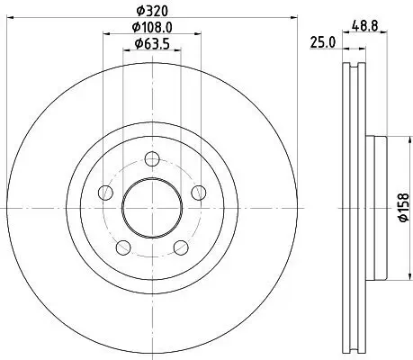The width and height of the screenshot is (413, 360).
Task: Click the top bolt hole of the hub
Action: coord(152,160)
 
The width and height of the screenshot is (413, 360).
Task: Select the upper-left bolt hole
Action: coord(107,193)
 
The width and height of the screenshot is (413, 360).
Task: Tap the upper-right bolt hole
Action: coord(197,193)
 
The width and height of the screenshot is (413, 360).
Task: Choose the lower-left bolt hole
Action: coord(124,246)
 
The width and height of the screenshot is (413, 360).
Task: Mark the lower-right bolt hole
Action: coord(180,246)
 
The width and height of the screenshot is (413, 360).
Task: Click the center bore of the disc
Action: coord(152,208)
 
